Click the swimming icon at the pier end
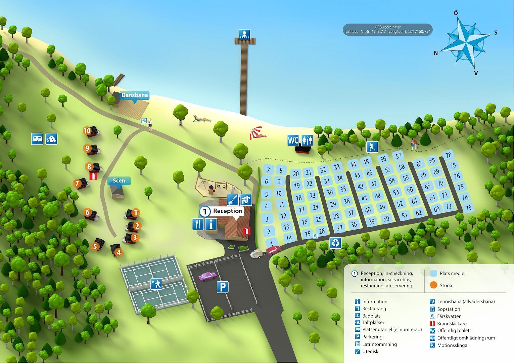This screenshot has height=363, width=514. (244, 35)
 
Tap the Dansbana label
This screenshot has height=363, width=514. (135, 95)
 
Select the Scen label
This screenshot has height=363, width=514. (119, 180)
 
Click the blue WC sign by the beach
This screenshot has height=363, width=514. (293, 140)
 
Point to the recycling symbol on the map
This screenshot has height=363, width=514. (335, 243)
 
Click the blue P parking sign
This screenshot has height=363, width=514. (223, 287)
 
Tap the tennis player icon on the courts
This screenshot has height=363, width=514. (156, 284)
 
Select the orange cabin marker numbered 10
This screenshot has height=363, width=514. (87, 131)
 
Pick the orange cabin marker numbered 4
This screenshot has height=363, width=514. (119, 252)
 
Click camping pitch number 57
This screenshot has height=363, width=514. (399, 156)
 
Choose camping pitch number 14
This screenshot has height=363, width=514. (289, 238)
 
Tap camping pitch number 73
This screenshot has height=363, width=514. (468, 208)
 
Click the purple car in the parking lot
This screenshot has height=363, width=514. (207, 276)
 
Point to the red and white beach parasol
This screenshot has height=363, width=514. (256, 133)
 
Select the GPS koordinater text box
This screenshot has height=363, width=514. (387, 29)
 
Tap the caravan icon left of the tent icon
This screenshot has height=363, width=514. (37, 139)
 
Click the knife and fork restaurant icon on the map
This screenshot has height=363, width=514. (198, 224)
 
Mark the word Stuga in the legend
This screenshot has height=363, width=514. (446, 286)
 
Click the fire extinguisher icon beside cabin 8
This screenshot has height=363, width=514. (93, 176)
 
